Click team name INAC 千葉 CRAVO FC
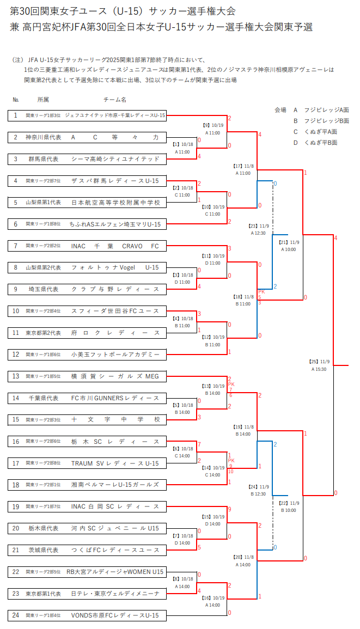tap(115, 246)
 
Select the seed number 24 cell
tap(16, 615)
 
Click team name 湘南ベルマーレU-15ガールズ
tap(115, 485)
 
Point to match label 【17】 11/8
tap(243, 166)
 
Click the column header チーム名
tap(115, 100)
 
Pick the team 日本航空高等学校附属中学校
tap(115, 203)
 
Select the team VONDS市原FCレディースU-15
tap(115, 615)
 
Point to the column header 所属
tap(43, 100)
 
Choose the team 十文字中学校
tap(115, 419)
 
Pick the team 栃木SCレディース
tap(115, 441)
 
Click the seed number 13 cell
tap(16, 376)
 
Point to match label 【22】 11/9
tap(290, 503)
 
